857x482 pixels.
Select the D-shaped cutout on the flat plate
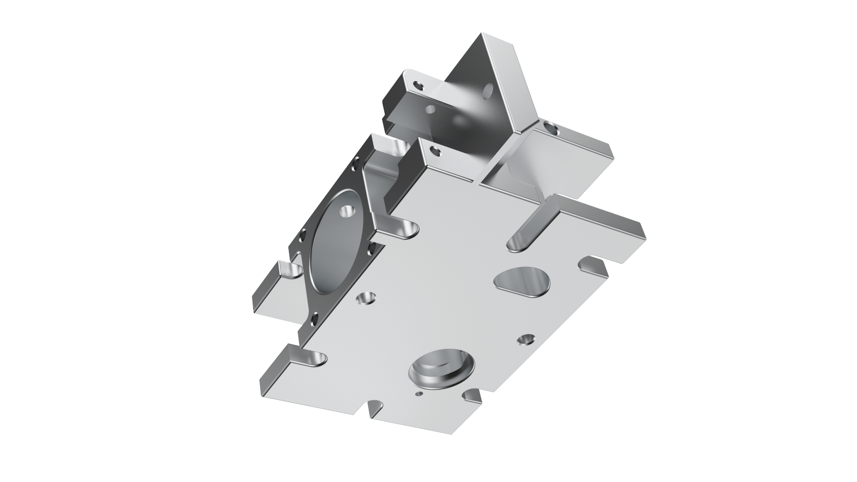coord(522,282)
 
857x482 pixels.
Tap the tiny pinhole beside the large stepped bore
coord(418,394)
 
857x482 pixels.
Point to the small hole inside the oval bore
coord(346,210)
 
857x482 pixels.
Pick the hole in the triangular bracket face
coord(488,94)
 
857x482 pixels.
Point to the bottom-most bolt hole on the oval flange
coord(314,318)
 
